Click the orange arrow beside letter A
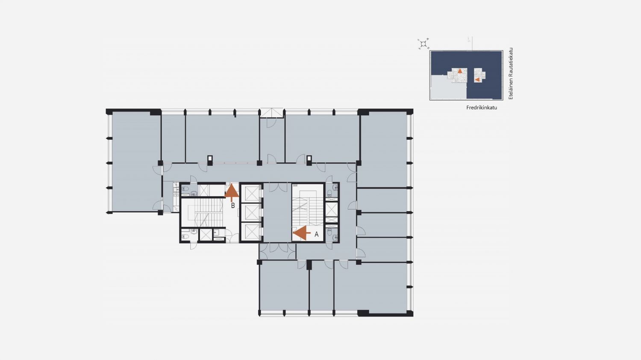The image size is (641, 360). point(302,233)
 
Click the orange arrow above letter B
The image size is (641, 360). point(232,192)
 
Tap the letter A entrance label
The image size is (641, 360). point(317,234)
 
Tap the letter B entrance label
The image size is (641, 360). point(233,205)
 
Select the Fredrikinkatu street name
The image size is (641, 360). point(482,108)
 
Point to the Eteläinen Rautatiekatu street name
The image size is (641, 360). point(511,73)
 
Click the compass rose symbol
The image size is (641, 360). point(423,44)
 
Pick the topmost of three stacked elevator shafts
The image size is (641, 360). point(251,193)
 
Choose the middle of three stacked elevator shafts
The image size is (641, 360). point(251,212)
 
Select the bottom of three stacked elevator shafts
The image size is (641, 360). point(251,231)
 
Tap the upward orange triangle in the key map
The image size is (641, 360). point(460,71)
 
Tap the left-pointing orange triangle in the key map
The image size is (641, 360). point(477,79)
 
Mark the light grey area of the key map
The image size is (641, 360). point(448,87)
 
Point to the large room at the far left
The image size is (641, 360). point(136,161)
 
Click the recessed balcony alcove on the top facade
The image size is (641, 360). point(271,113)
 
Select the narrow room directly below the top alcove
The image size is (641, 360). point(272,140)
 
